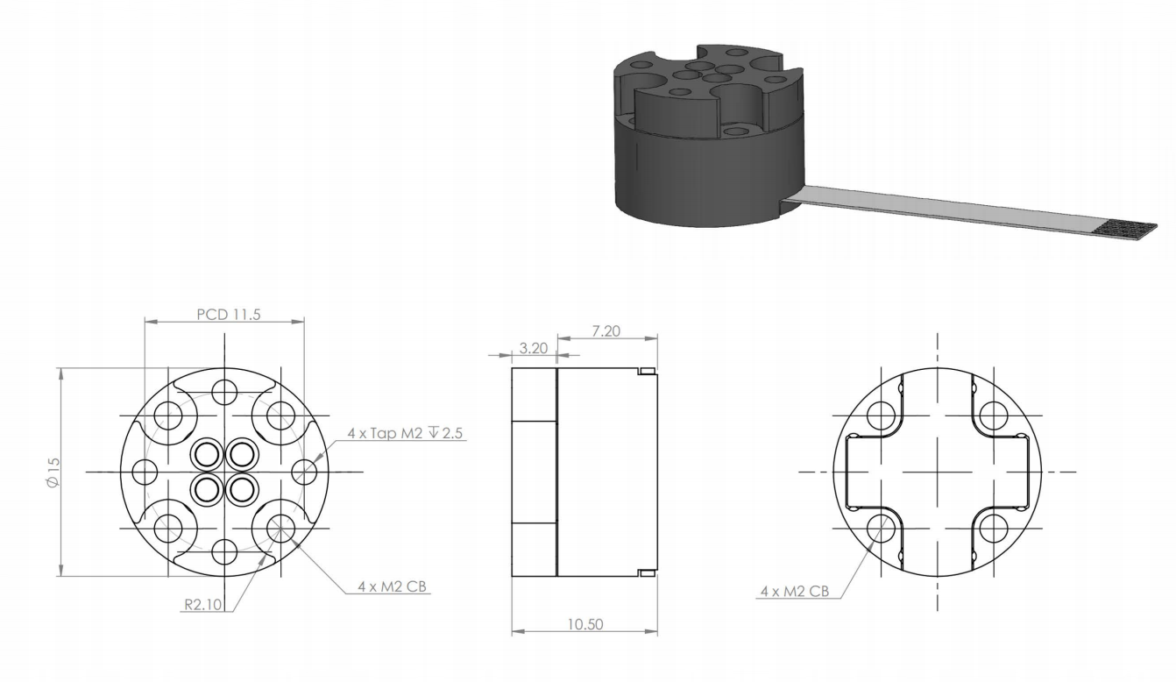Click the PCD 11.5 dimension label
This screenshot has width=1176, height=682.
[x=229, y=315]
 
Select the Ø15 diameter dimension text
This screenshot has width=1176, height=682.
[x=53, y=472]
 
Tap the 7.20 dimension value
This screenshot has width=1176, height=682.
[x=606, y=331]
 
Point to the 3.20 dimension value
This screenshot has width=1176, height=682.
[x=534, y=348]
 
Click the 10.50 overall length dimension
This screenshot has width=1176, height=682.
[x=584, y=624]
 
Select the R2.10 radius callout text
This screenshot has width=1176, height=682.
[x=203, y=604]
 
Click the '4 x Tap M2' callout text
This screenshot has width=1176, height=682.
[x=385, y=433]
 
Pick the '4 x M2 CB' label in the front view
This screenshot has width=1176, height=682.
[x=393, y=586]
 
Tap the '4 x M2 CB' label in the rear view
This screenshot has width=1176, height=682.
[x=795, y=591]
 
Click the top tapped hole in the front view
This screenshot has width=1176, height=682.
[x=224, y=392]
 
